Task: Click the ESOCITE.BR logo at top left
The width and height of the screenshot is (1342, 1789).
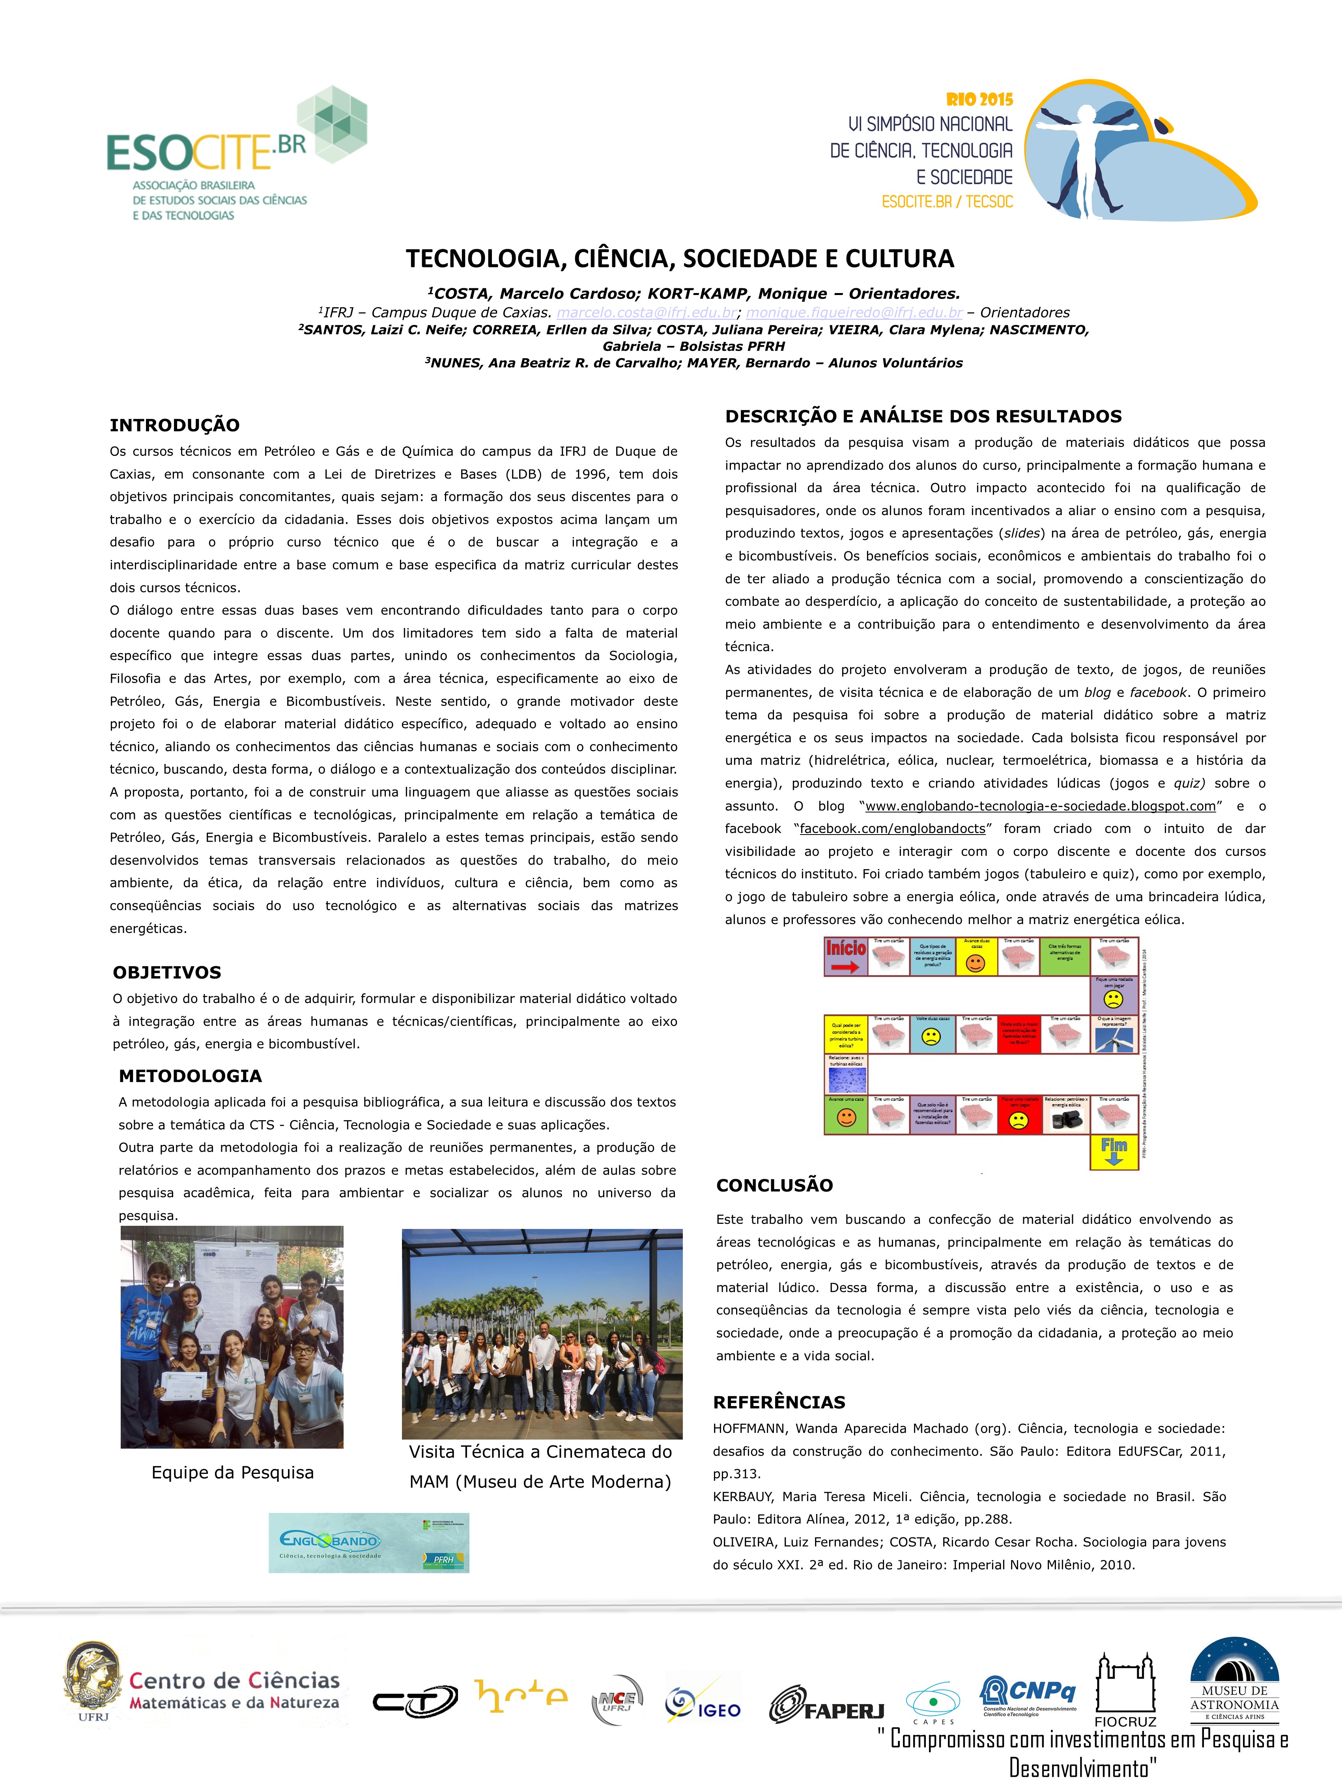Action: pyautogui.click(x=236, y=154)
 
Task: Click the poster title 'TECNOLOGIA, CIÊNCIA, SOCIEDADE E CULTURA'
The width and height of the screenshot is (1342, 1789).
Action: pyautogui.click(x=680, y=259)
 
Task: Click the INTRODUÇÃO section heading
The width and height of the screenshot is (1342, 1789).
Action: pyautogui.click(x=175, y=426)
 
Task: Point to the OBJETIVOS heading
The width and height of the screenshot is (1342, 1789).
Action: pyautogui.click(x=166, y=972)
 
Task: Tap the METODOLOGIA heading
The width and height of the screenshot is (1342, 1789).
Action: pyautogui.click(x=190, y=1076)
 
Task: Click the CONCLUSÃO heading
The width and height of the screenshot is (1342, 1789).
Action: pyautogui.click(x=774, y=1186)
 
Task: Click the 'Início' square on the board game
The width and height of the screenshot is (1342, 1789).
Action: pyautogui.click(x=845, y=956)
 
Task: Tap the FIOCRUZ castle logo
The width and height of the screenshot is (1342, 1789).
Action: pyautogui.click(x=1125, y=1689)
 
